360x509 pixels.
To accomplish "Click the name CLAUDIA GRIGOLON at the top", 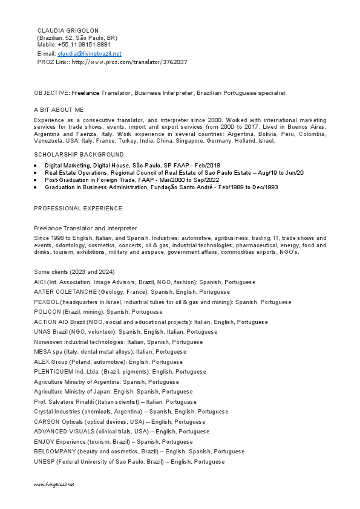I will click(x=68, y=30).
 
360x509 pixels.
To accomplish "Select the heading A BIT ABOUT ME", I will click(x=59, y=109).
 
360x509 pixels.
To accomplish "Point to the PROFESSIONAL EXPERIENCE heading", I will click(x=77, y=209).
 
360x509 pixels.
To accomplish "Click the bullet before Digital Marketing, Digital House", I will click(x=36, y=165).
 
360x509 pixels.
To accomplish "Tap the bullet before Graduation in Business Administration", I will click(x=36, y=187).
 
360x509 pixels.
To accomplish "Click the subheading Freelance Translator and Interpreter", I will click(x=85, y=228).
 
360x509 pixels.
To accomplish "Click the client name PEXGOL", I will click(x=47, y=302).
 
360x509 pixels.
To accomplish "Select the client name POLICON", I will click(x=48, y=312).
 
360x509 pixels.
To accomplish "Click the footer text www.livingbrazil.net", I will click(x=54, y=485).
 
